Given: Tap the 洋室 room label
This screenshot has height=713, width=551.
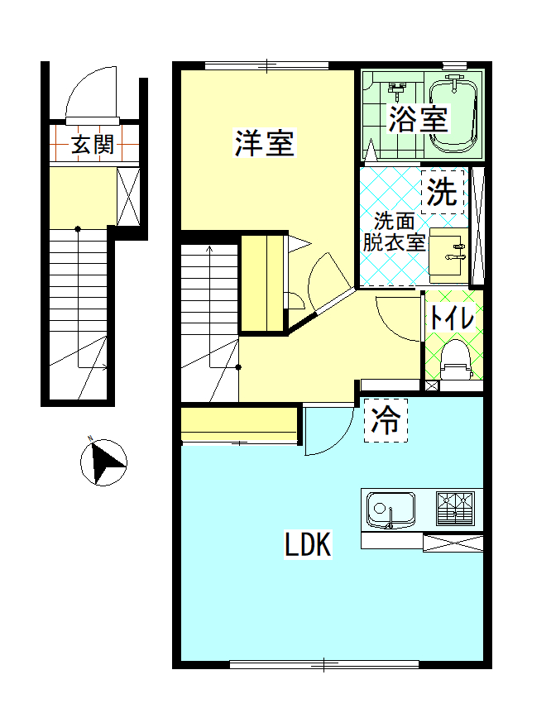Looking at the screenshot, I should tap(264, 143).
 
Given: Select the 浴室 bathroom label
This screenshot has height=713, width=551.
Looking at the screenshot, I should tap(418, 119).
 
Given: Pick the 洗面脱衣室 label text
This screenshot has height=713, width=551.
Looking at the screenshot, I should tap(395, 232).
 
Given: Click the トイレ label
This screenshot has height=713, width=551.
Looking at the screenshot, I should tap(451, 317).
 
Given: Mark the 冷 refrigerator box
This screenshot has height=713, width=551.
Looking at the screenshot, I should tap(386, 421).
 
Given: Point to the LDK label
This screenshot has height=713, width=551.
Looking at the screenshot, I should tap(308, 545).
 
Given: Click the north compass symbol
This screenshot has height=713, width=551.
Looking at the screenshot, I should tap(104, 462).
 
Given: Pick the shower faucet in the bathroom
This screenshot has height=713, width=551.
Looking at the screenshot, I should tap(398, 87).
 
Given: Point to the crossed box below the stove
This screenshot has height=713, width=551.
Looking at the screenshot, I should tap(452, 543).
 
